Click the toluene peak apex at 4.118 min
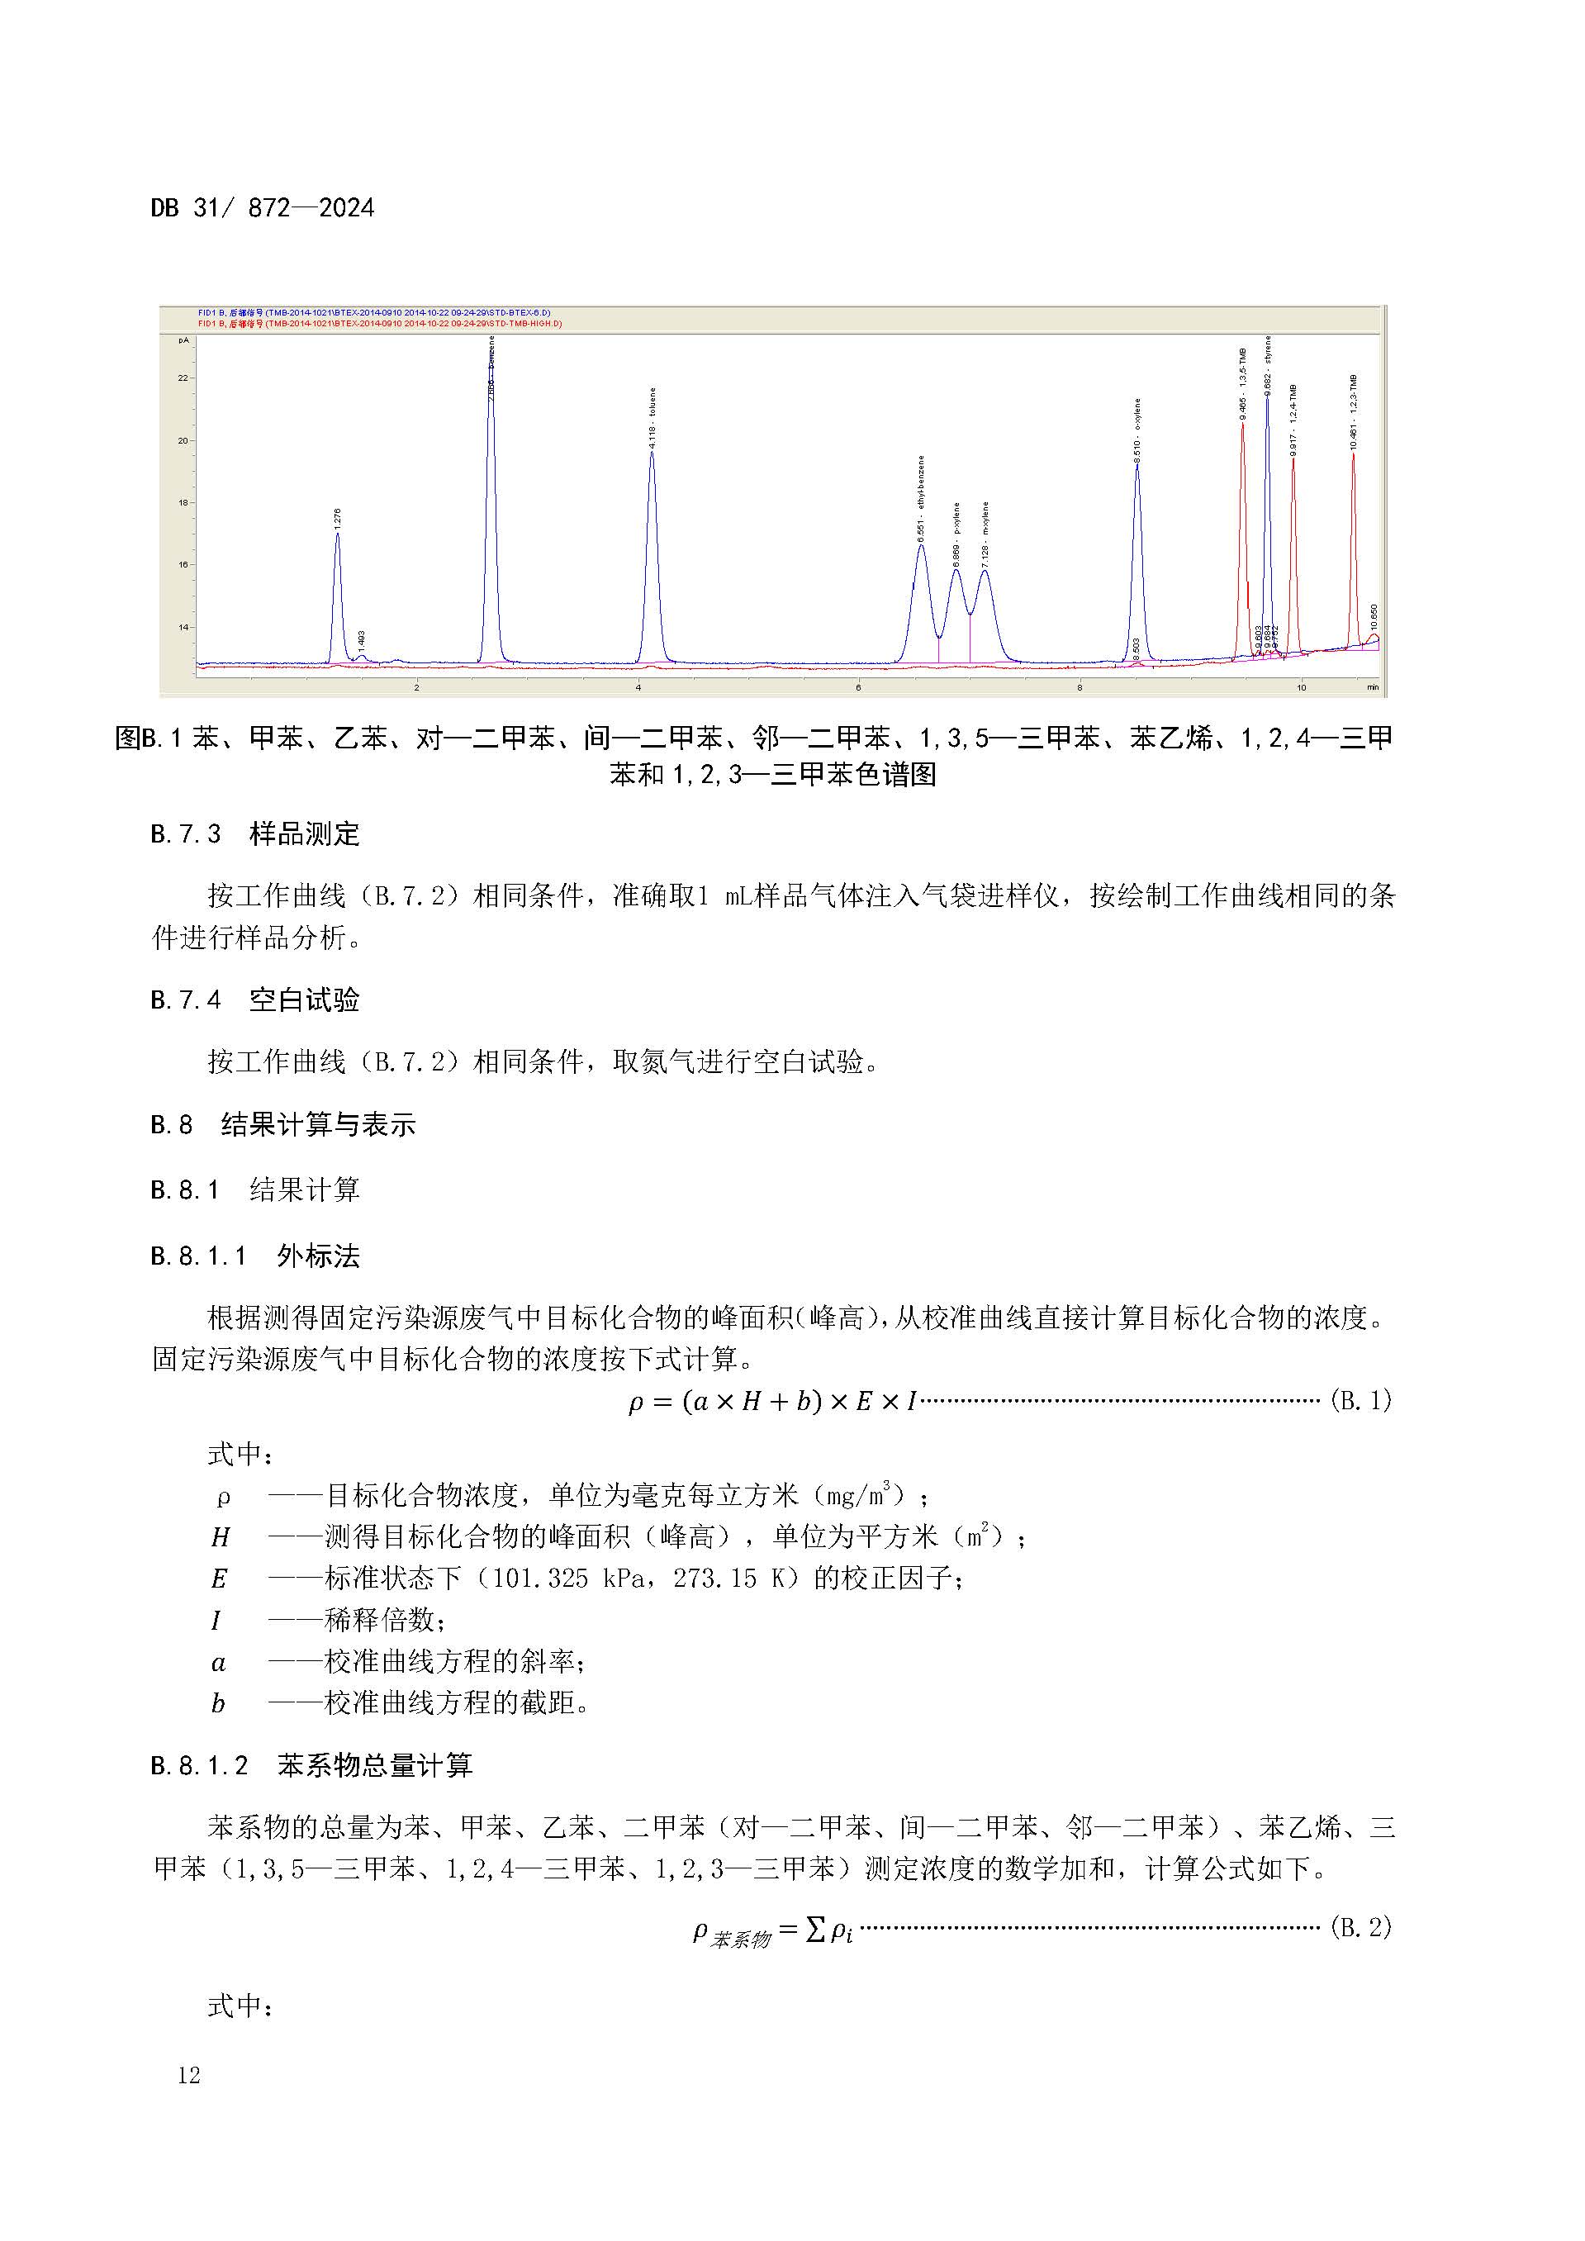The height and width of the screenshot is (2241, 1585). point(652,453)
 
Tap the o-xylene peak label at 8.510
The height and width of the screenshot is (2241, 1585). point(1137,430)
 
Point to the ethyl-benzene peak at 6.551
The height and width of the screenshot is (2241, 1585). point(920,548)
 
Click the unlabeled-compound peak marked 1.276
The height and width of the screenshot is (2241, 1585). point(338,534)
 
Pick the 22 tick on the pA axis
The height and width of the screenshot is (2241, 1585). point(183,377)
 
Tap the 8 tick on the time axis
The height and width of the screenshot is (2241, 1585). point(1080,687)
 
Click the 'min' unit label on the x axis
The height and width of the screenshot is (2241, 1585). point(1372,687)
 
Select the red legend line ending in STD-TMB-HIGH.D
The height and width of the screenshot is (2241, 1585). point(380,324)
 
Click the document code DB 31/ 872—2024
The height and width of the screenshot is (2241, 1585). point(263,208)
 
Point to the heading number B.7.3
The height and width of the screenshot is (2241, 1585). point(186,834)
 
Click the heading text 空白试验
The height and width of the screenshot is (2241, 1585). point(305,1000)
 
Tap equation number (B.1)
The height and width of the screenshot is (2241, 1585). point(1360,1401)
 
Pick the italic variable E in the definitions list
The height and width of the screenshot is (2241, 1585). point(219,1579)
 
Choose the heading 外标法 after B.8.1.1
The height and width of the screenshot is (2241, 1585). point(318,1256)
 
